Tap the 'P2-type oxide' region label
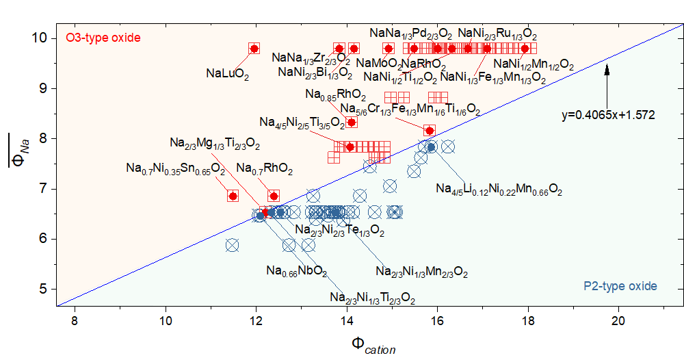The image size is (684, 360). point(620,286)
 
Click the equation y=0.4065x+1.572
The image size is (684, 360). point(608,115)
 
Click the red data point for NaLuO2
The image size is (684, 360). point(254,49)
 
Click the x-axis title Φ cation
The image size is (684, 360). point(373,344)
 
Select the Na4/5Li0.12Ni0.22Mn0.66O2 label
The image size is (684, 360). point(499,189)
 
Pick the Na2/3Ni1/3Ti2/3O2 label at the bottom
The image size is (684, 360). point(372,298)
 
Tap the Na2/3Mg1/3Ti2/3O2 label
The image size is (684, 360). point(215,144)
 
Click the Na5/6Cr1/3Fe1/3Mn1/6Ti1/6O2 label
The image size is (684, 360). point(410,110)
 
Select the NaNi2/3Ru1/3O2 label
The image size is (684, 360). point(497,33)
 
